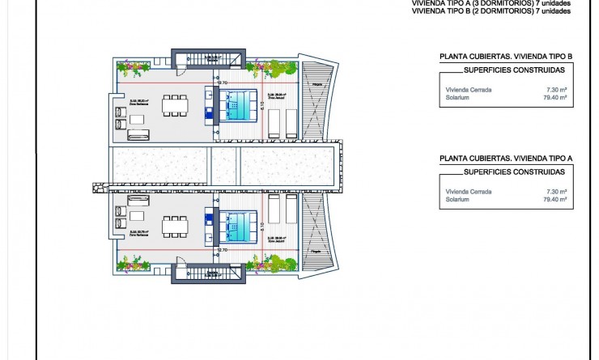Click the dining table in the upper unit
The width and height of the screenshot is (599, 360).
172,105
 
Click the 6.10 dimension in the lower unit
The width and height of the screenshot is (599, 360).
263,227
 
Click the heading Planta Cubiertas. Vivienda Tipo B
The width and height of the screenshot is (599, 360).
505,57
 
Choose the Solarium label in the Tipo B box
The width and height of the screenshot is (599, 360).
457,97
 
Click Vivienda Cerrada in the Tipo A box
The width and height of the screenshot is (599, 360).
467,191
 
